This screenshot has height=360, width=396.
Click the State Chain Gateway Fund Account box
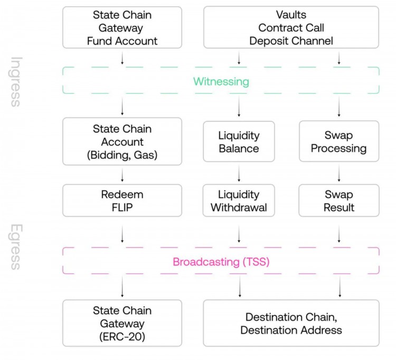coord(122,27)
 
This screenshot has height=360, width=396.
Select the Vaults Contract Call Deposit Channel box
coord(291,27)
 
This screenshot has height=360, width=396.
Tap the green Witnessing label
coord(221,81)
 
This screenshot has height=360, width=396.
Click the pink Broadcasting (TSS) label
coord(221,262)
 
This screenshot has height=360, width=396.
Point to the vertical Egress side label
coord(16,247)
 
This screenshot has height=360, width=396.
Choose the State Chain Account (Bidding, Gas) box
coord(122,141)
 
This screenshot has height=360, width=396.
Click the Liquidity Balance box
coord(239,141)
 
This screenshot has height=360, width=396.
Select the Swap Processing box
coord(338,141)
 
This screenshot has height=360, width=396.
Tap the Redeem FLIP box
coord(122,200)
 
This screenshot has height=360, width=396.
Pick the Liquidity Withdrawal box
coord(239,200)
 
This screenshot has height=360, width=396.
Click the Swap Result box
coord(338,200)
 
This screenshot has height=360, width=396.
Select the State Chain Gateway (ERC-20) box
coord(122,323)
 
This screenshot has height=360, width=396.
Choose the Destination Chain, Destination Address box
coord(291,323)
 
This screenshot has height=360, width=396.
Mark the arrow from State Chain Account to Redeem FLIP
coord(122,174)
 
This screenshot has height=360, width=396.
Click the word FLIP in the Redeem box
coord(122,207)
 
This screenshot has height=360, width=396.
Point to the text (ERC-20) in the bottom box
coord(122,336)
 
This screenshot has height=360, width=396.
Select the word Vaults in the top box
coord(291,15)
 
